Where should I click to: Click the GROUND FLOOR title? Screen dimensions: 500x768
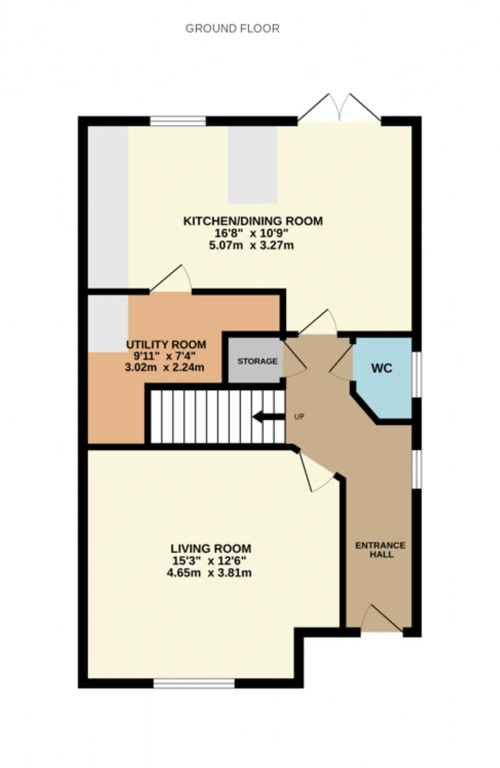(x=232, y=29)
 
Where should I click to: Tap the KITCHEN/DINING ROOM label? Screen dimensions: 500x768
(x=253, y=221)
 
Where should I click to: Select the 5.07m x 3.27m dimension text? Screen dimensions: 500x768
(x=252, y=246)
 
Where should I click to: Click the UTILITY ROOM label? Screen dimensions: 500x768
(x=166, y=345)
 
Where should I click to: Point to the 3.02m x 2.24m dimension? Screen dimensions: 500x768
(x=164, y=367)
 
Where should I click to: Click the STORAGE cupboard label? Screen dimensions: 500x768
(x=257, y=361)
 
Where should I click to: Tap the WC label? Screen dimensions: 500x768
(x=382, y=368)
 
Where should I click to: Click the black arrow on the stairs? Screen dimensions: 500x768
(x=269, y=417)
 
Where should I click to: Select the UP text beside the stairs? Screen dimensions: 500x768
(x=299, y=417)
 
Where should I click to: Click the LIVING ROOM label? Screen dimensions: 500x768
(x=211, y=549)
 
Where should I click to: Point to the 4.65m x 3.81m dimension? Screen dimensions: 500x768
(x=209, y=573)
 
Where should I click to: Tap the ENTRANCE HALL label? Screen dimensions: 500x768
(x=380, y=550)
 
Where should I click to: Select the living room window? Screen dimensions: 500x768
(x=194, y=683)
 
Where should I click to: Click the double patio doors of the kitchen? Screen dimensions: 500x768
(x=339, y=108)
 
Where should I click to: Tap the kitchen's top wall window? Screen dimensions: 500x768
(x=178, y=121)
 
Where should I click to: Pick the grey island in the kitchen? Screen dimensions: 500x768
(x=253, y=165)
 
